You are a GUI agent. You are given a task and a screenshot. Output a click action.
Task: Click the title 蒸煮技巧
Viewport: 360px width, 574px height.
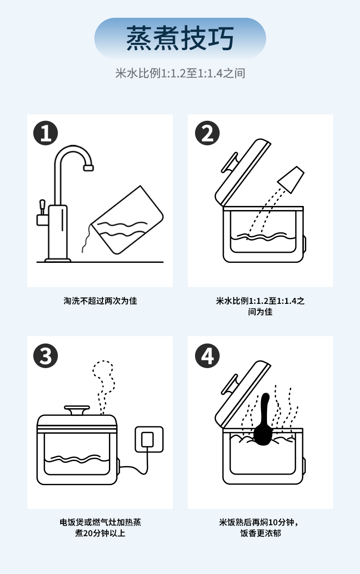180,38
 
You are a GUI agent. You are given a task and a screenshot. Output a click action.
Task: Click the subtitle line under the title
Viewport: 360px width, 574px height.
180,73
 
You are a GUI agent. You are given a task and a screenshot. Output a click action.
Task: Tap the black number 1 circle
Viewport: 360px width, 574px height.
46,133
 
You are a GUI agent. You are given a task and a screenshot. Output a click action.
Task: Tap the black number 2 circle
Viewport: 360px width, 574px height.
207,133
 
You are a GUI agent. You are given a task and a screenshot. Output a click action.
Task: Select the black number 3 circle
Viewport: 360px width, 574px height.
46,356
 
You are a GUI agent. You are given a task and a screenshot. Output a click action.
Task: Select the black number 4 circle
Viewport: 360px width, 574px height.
207,356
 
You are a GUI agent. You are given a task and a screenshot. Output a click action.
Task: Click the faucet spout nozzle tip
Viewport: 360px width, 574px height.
88,168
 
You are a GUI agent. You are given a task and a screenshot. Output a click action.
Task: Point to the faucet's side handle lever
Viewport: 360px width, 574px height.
42,206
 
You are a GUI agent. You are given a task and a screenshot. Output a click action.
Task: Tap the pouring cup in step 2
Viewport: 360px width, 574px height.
291,179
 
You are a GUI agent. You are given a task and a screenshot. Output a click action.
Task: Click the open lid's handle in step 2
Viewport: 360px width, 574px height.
230,163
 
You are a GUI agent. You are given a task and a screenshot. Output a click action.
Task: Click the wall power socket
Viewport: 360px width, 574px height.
149,439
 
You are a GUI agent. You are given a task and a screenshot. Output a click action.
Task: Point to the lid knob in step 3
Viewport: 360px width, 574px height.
77,410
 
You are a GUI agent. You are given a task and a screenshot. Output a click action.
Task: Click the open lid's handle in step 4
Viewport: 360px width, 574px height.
230,384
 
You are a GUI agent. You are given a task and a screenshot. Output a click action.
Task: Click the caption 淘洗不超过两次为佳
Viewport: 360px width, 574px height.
100,301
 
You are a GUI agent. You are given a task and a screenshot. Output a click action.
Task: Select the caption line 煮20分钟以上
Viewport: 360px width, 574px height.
100,533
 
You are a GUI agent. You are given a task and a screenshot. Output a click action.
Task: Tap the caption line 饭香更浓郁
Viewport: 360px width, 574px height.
261,533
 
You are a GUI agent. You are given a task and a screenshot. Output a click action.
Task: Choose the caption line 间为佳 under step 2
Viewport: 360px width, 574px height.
260,312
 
